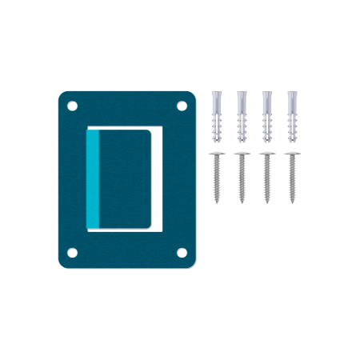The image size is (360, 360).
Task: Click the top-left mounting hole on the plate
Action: [x=72, y=105]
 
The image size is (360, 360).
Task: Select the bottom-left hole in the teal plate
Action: [x=72, y=252]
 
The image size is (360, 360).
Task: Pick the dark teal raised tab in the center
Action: [x=126, y=179]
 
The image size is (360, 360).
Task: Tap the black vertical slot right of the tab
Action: [x=157, y=178]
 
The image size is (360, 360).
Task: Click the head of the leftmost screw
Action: [x=217, y=154]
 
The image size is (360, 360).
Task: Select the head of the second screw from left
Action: [x=242, y=154]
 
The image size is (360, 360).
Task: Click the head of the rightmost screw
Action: [x=291, y=154]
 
